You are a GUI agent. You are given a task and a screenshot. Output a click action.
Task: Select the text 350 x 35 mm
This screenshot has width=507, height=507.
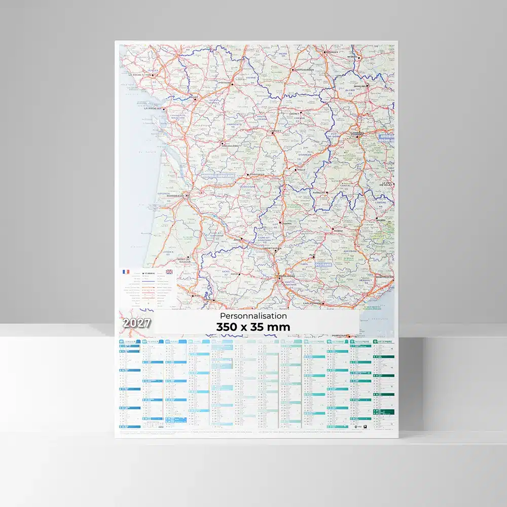(x=252, y=327)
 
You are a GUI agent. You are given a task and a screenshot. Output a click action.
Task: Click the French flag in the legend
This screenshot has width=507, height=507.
(x=126, y=272)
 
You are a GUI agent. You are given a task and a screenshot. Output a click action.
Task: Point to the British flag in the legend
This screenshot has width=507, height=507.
(x=169, y=272)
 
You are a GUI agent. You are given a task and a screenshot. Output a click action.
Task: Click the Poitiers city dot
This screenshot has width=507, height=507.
(x=231, y=84)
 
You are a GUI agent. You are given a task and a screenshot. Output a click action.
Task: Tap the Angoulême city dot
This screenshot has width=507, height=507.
(x=222, y=143)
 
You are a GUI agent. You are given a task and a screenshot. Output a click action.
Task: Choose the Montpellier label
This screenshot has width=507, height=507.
(x=384, y=277)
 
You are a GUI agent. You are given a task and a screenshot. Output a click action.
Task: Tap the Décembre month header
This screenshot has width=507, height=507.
(x=385, y=342)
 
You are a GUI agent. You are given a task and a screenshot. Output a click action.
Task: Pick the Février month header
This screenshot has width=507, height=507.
(x=154, y=342)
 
